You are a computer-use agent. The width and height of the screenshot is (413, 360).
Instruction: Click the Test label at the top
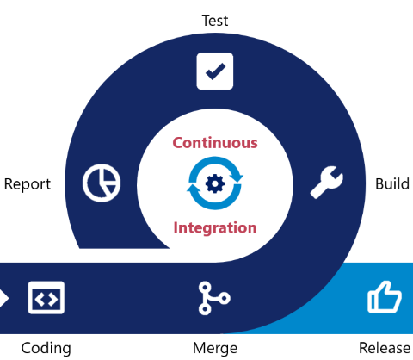214,20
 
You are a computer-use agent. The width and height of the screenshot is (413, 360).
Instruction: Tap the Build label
391,184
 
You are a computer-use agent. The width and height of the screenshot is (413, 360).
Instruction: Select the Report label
28,184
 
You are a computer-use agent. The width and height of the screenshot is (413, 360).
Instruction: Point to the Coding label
46,348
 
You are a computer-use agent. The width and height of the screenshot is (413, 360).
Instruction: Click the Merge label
215,348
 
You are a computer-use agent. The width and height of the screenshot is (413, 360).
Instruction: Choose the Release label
385,348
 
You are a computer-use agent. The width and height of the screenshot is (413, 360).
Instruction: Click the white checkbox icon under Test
215,71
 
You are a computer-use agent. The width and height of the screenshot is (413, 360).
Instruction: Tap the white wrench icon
327,183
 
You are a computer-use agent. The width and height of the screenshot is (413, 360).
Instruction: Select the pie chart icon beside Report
102,183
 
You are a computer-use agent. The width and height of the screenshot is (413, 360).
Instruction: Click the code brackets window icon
46,298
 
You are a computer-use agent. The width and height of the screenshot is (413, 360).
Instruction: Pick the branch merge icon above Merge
213,298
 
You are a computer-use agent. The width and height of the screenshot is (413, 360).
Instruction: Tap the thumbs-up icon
384,298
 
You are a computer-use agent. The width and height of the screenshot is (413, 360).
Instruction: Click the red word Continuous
215,142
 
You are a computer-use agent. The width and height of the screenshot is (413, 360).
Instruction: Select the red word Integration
215,227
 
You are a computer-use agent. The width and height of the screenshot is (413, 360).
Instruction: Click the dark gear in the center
215,183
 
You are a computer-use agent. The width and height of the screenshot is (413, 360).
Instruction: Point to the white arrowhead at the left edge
3,298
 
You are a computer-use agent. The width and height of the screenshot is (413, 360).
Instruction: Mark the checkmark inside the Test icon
215,71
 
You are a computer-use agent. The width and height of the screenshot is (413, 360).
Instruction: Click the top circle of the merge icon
204,286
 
